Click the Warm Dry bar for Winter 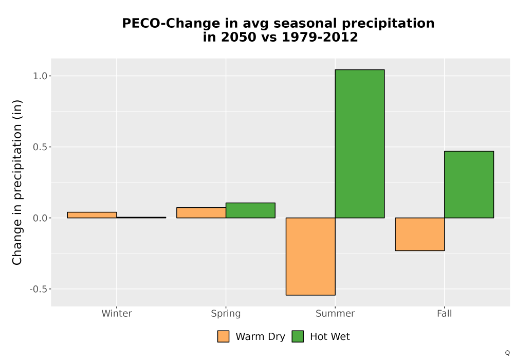coord(92,215)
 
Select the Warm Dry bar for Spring coord(201,213)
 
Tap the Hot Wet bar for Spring coord(250,210)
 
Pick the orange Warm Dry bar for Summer coord(310,257)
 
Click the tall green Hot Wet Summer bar coord(360,143)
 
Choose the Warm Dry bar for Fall coord(420,234)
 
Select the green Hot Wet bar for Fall coord(469,185)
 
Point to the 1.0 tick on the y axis coord(40,76)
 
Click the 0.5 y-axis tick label coord(40,147)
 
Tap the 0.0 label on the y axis coord(40,219)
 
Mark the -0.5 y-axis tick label coord(39,289)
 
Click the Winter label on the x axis coord(117,313)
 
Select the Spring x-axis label coord(226,314)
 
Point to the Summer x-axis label coord(335,313)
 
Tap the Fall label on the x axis coord(445,313)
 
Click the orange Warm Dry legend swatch coord(223,336)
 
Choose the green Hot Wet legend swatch coord(298,336)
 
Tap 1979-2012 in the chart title coord(320,37)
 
